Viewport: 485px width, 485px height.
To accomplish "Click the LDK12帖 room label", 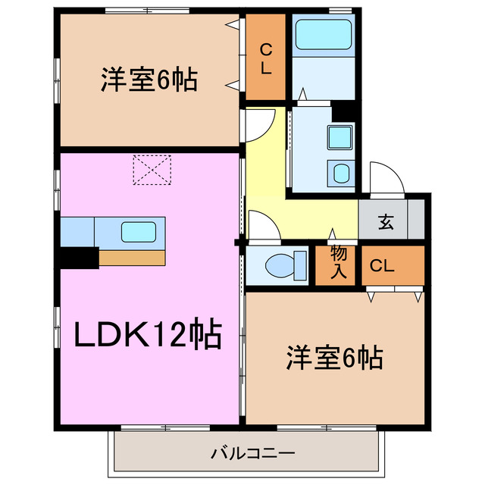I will coord(147,334).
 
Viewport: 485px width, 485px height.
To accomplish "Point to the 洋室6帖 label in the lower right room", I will coord(333,357).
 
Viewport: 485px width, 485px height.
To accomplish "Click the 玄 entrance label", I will coord(386,223).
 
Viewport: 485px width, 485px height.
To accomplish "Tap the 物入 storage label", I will coord(338,263).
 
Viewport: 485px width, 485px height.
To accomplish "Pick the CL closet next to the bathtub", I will coord(265,59).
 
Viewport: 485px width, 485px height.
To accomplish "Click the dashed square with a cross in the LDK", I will coord(152,170).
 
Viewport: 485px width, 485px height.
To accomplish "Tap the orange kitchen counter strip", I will coord(132,258).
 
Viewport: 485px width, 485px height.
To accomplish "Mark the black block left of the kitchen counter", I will coord(79,258).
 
